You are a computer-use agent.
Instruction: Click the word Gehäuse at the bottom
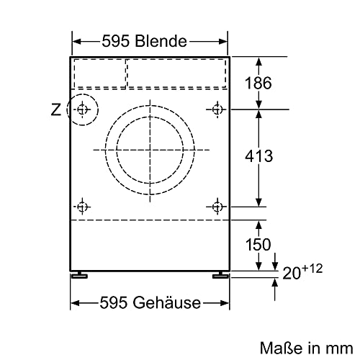pyautogui.click(x=165, y=303)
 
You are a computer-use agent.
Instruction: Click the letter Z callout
pyautogui.click(x=55, y=110)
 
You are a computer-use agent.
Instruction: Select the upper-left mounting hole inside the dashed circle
pyautogui.click(x=83, y=109)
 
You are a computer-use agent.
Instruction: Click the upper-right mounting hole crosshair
pyautogui.click(x=217, y=109)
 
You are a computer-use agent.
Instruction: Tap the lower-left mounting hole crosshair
pyautogui.click(x=83, y=207)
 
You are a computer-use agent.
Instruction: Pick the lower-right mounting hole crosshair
pyautogui.click(x=217, y=207)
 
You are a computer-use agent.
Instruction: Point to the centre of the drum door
pyautogui.click(x=150, y=150)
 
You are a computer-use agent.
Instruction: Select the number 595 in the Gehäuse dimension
pyautogui.click(x=117, y=303)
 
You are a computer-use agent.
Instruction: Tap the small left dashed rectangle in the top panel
pyautogui.click(x=99, y=71)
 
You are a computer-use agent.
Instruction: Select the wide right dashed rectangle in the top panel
pyautogui.click(x=176, y=71)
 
